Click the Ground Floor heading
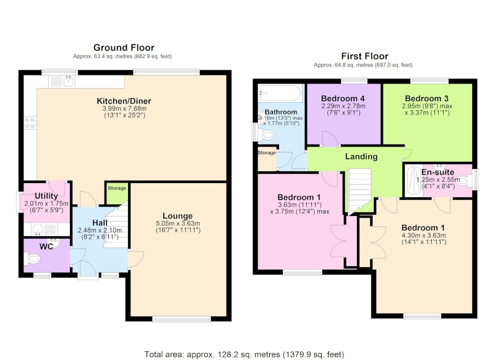click(x=124, y=48)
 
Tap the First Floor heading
click(x=364, y=56)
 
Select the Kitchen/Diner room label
click(x=124, y=101)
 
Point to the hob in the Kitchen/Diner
click(x=30, y=122)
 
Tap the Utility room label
click(x=46, y=196)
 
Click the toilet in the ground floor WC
click(x=32, y=259)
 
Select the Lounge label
click(x=178, y=216)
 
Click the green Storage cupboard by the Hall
click(x=116, y=193)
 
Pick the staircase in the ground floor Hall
click(x=117, y=224)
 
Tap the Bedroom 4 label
click(x=343, y=98)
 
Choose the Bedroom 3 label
click(x=427, y=98)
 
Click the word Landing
click(x=361, y=156)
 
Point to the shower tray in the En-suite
click(x=413, y=181)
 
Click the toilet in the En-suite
click(x=465, y=181)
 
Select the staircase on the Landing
click(x=359, y=190)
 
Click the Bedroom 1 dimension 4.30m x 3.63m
click(x=424, y=236)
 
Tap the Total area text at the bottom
click(x=244, y=354)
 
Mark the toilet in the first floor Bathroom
click(x=266, y=135)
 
